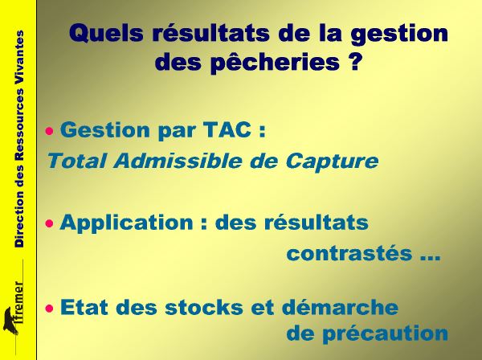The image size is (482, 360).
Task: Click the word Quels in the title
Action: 106,34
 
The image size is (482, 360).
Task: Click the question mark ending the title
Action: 354,61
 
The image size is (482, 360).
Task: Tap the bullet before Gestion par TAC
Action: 49,132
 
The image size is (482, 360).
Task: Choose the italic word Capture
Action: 332,162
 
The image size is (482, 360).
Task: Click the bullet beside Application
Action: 49,223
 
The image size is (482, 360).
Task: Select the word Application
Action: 126,223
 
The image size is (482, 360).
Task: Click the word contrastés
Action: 349,253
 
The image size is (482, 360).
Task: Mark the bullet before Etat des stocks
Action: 49,308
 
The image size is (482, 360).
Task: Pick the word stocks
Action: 204,307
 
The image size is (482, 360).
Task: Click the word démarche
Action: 340,306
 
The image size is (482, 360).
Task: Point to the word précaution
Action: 385,333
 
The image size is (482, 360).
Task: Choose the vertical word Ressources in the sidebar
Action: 19,125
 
